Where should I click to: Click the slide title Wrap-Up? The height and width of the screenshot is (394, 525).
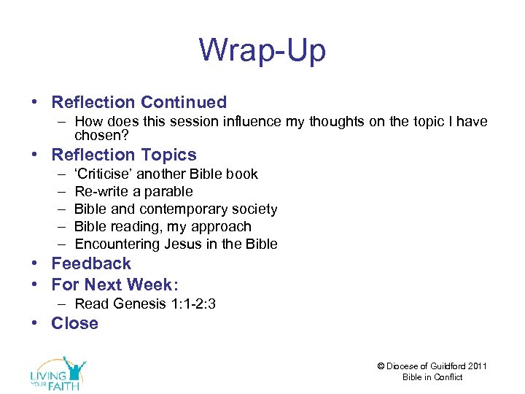[262, 50]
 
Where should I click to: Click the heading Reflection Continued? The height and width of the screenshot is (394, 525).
[139, 102]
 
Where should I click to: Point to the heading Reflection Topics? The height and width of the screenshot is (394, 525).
[123, 155]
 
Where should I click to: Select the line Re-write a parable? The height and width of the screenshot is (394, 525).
[133, 192]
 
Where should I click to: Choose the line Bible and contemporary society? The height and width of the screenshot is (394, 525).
[176, 209]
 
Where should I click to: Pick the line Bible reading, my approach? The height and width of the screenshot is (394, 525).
[163, 227]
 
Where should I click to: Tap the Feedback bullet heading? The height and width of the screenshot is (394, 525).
[91, 263]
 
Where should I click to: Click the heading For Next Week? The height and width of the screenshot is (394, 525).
[114, 284]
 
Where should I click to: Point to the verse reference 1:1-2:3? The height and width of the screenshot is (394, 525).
[190, 304]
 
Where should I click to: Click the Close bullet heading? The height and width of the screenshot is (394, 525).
[74, 323]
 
